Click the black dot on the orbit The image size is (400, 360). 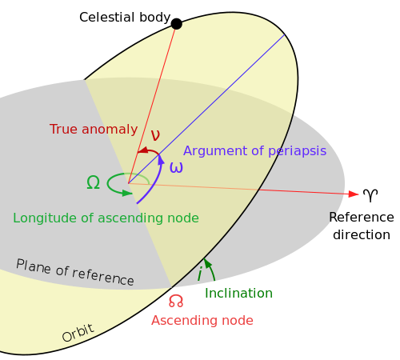(177, 24)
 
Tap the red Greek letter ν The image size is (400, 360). (155, 135)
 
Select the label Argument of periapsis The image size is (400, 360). (254, 151)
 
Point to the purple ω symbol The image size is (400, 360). (176, 168)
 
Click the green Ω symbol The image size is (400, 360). (93, 183)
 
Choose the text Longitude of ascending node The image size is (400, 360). (106, 218)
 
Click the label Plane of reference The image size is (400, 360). (74, 272)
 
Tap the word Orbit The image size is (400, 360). (78, 333)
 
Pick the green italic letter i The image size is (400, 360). (199, 275)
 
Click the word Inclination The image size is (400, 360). (238, 294)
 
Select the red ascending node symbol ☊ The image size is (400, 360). (176, 302)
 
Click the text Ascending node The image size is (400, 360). (202, 321)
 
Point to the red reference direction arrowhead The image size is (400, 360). (353, 194)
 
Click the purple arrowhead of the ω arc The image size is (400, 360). (160, 159)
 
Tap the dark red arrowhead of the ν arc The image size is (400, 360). (142, 150)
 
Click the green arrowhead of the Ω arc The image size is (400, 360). (127, 193)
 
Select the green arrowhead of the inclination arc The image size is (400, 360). (206, 262)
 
